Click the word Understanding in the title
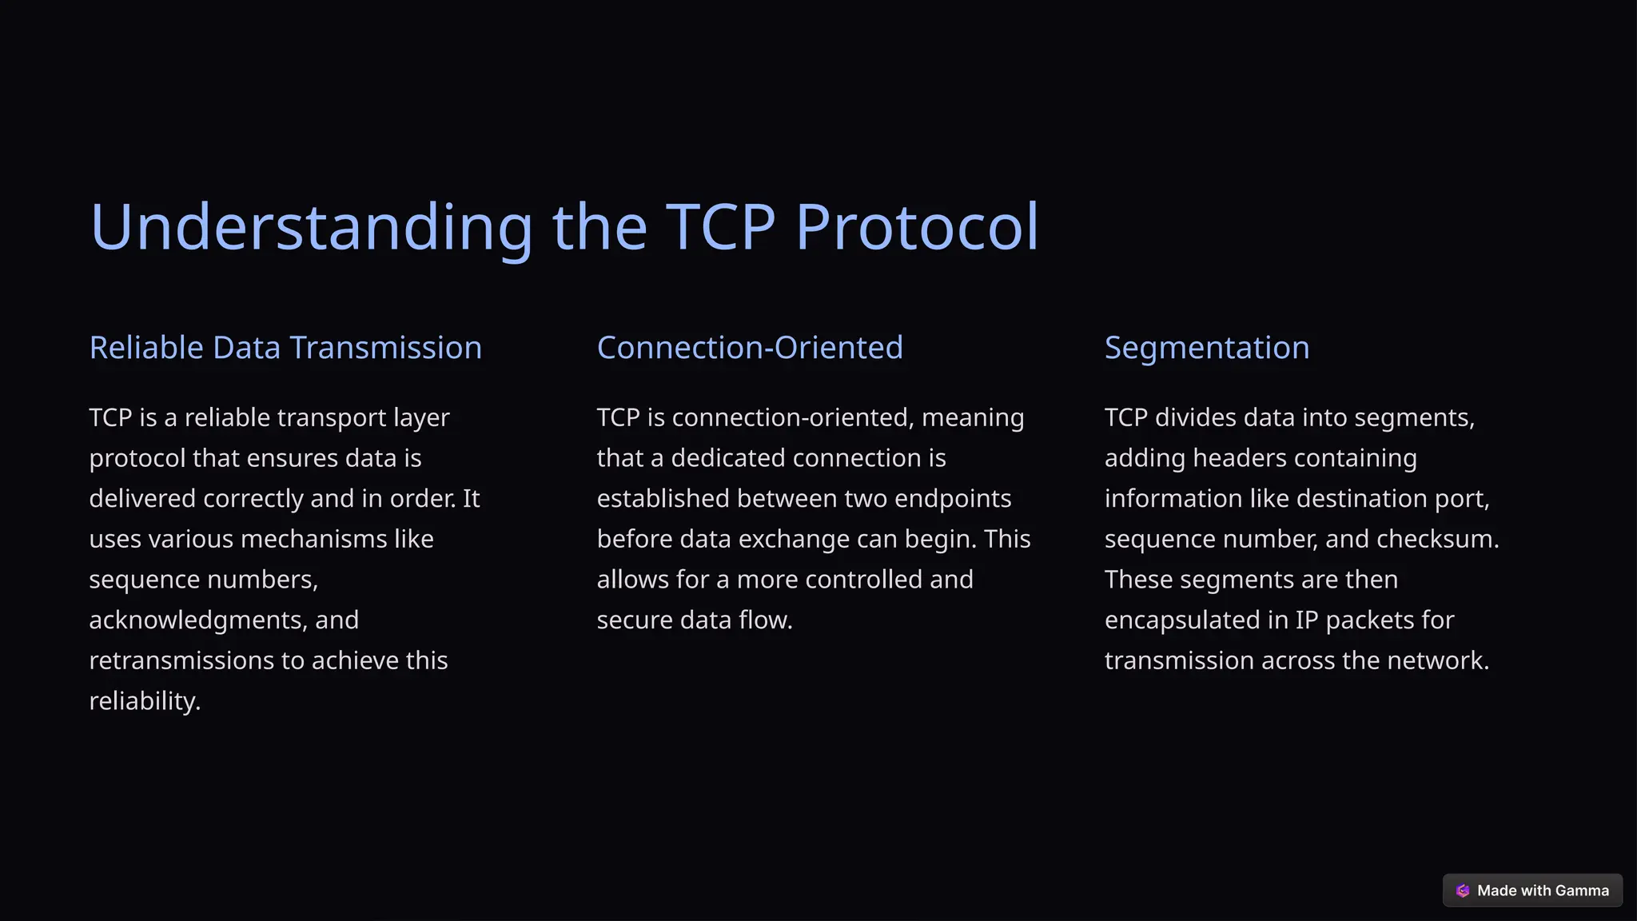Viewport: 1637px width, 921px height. [311, 228]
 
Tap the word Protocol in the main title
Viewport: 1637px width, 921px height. [917, 228]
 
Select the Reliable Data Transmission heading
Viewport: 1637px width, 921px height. [285, 348]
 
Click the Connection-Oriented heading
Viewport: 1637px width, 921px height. [750, 348]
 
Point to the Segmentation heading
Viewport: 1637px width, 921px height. [1207, 348]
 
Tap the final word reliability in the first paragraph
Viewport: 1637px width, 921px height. [144, 701]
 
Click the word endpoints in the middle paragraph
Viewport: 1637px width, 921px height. [953, 499]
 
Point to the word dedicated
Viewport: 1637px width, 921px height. [728, 458]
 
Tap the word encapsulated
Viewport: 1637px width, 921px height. [1182, 620]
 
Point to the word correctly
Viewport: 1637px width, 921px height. [253, 499]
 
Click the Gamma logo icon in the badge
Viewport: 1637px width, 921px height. [1463, 891]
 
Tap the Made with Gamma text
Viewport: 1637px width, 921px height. [1543, 891]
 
